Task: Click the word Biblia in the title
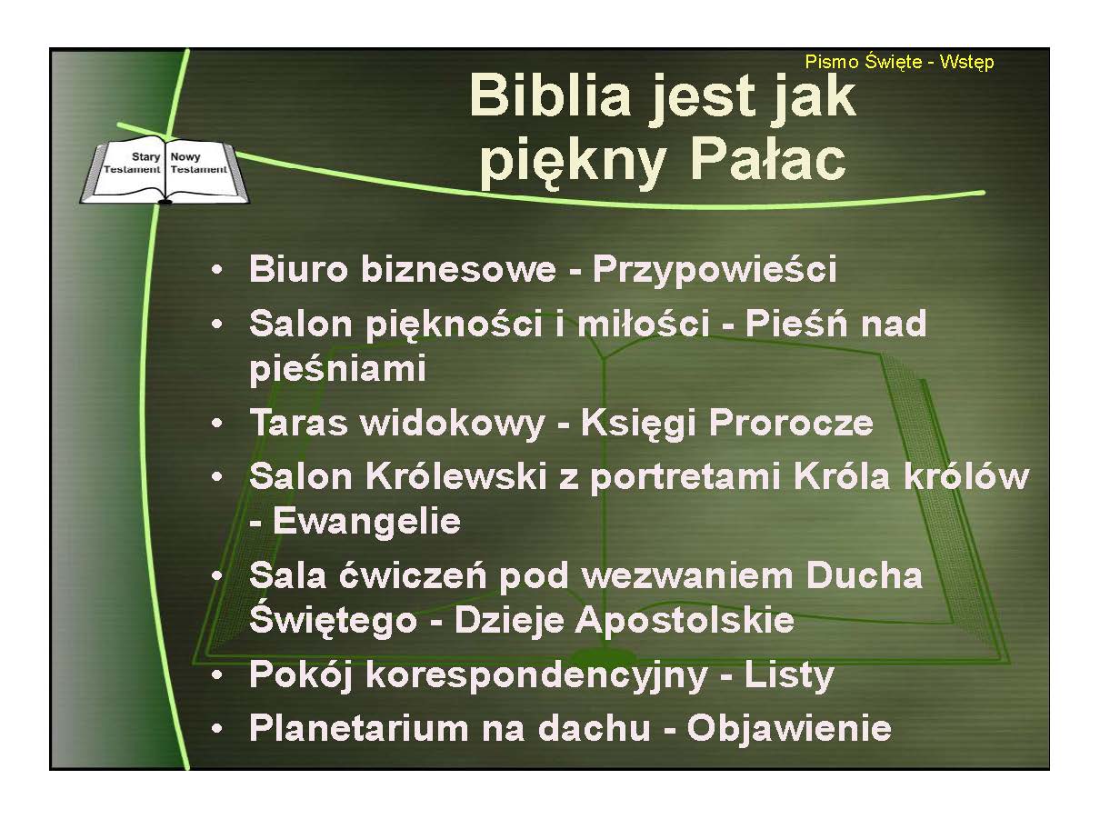coord(549,95)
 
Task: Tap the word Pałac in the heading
coord(768,160)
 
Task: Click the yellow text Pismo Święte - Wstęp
coord(899,63)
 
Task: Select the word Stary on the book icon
coord(145,157)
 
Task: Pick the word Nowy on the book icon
coord(185,157)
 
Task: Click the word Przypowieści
coord(715,270)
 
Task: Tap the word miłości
coord(644,323)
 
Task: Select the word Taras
coord(298,423)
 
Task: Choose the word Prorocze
coord(791,423)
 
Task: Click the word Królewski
coord(456,476)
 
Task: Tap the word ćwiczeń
coord(413,576)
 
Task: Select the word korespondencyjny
coord(536,676)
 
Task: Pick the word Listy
coord(789,676)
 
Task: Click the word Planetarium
coord(359,729)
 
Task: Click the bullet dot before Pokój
coord(216,676)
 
